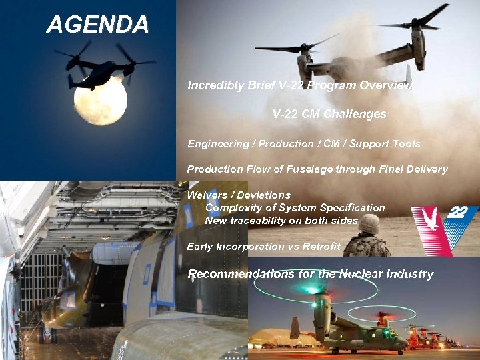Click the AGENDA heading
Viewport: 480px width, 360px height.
[x=97, y=25]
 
